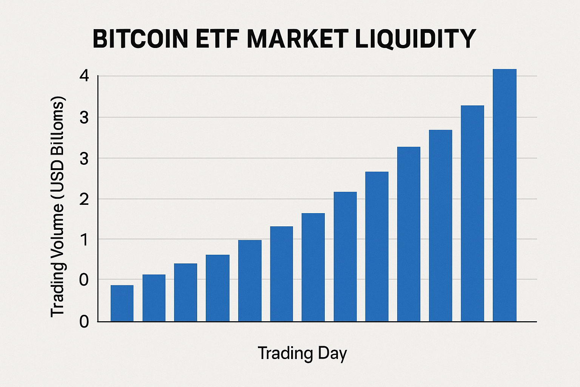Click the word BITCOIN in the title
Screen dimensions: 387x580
pyautogui.click(x=140, y=39)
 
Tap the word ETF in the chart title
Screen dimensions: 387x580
pyautogui.click(x=219, y=39)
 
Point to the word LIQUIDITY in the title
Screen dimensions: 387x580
pyautogui.click(x=415, y=39)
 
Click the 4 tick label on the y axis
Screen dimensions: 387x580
pyautogui.click(x=84, y=76)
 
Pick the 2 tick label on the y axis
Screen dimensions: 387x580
pyautogui.click(x=84, y=199)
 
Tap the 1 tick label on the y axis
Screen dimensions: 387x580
pyautogui.click(x=84, y=240)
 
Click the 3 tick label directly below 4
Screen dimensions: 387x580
pyautogui.click(x=84, y=118)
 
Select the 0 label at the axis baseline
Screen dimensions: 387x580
pyautogui.click(x=84, y=322)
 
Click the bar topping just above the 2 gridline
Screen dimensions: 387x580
pyautogui.click(x=345, y=257)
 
